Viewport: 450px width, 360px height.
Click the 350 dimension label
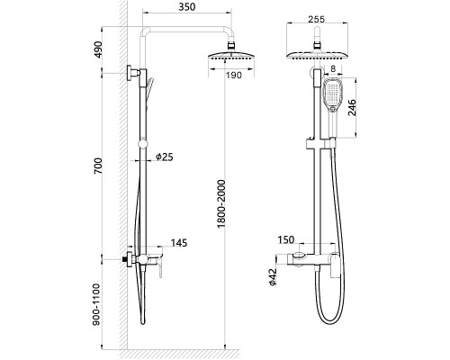coord(187,7)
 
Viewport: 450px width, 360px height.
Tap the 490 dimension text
coord(98,49)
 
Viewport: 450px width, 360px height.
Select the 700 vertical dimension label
coord(98,166)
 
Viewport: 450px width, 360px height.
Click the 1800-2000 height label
coord(221,203)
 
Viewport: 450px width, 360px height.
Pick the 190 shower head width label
coord(234,75)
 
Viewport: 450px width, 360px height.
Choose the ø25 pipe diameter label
coord(165,157)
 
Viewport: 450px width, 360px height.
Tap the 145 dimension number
coord(179,243)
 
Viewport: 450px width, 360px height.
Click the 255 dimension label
coord(317,19)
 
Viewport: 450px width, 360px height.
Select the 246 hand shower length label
coord(353,108)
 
